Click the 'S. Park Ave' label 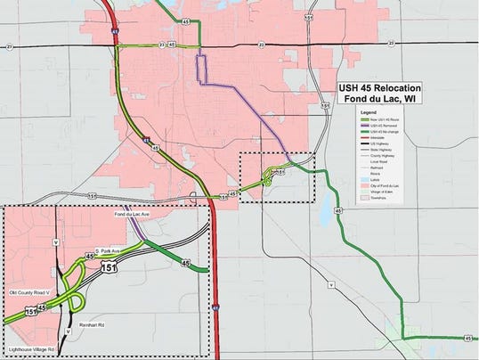111,252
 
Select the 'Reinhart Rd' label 92,326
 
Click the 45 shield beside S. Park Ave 90,257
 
